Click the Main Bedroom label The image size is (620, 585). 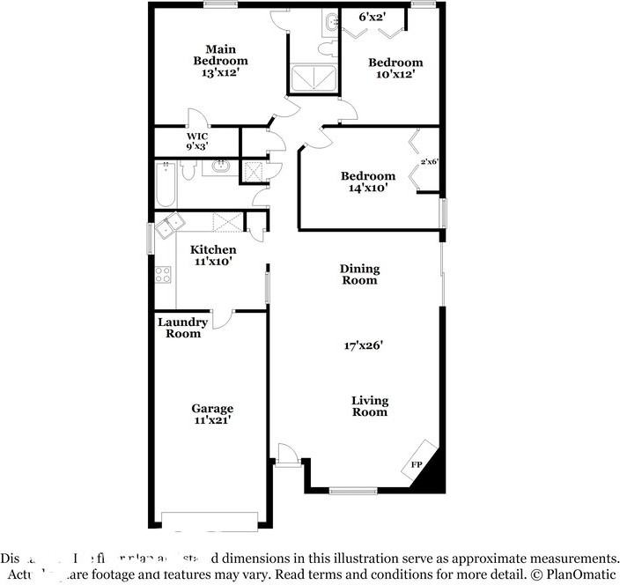tap(220, 55)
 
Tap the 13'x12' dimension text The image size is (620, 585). tap(220, 74)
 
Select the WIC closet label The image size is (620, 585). tap(196, 137)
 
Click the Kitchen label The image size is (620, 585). tap(213, 250)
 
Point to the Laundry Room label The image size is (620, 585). tap(183, 328)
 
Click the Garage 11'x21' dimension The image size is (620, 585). tap(213, 421)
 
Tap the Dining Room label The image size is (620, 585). tap(359, 274)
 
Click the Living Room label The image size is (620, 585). tap(370, 405)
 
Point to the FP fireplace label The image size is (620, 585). tap(416, 464)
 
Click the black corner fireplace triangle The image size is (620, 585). tap(432, 476)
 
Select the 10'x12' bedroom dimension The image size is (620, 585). tap(395, 75)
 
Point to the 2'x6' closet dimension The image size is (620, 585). tap(430, 161)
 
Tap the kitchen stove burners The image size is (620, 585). tap(163, 274)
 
